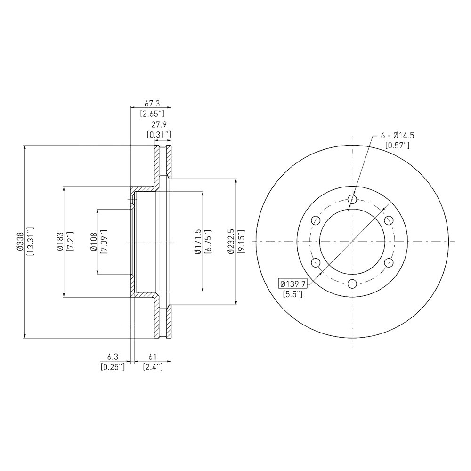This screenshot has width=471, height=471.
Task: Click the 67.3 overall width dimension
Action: coord(152,104)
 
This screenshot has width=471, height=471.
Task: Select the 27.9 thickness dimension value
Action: coord(159,124)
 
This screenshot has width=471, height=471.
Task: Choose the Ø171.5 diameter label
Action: coord(198,242)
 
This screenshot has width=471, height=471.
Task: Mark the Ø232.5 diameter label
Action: coord(231,242)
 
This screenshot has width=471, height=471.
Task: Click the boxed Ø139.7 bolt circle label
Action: coord(292,283)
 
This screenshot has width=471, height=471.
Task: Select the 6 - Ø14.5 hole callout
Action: coord(398,136)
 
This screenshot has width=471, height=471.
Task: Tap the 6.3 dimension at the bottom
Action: coord(113,357)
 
